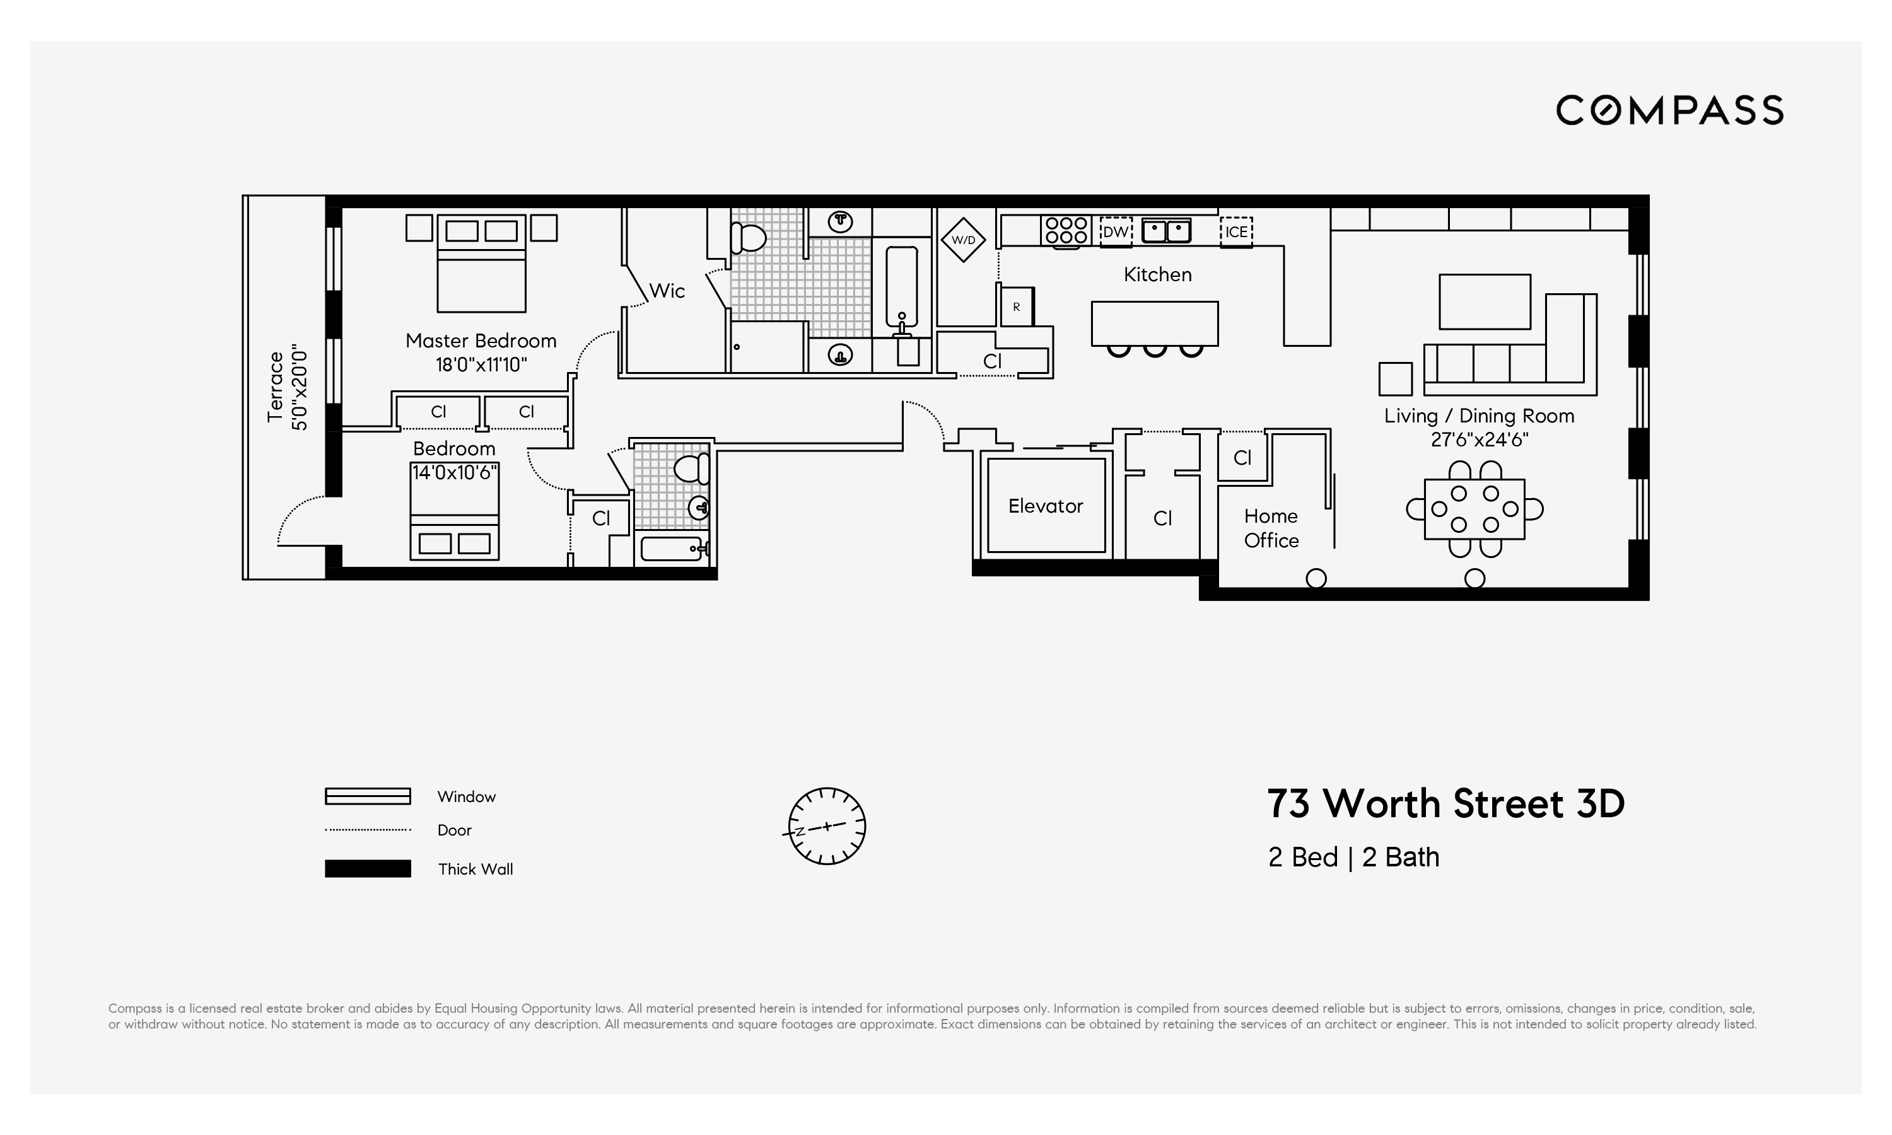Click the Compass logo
click(x=1669, y=110)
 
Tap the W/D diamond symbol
click(x=963, y=240)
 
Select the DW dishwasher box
click(x=1115, y=231)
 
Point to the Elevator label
click(x=1046, y=506)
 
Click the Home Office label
click(x=1270, y=528)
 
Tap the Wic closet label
click(x=666, y=291)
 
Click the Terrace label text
click(x=276, y=387)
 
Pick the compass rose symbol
click(x=826, y=826)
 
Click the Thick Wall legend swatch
click(x=368, y=868)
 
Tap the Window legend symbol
click(x=368, y=796)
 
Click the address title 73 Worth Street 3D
click(x=1445, y=804)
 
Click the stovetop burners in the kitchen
click(x=1066, y=230)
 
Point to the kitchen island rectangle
click(x=1154, y=323)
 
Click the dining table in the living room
click(x=1474, y=509)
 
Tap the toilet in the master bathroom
click(x=747, y=238)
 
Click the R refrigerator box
click(x=1017, y=306)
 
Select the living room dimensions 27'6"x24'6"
click(x=1479, y=439)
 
